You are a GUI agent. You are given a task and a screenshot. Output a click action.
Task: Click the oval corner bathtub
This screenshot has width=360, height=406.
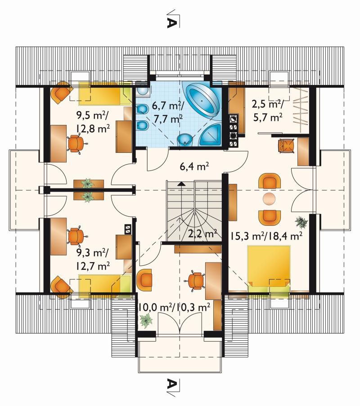pos(202,100)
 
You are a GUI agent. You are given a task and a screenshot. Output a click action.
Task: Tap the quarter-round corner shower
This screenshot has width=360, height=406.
pos(211,134)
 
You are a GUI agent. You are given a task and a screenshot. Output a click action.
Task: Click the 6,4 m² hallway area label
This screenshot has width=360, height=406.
pos(194,166)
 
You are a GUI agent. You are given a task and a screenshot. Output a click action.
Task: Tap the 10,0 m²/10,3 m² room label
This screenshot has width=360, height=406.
pos(174,308)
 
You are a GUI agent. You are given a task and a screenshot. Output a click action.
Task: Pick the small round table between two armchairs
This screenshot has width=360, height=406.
pos(269,199)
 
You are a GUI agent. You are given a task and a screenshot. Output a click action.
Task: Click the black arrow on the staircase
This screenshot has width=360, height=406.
pos(182,184)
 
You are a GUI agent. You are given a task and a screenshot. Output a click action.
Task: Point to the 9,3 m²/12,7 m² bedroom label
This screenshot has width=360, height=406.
pos(93,259)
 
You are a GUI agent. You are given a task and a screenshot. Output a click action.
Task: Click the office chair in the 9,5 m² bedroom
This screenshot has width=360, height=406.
pos(76,144)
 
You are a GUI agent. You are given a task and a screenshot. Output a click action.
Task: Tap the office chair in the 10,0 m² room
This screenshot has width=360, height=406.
pos(195,281)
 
